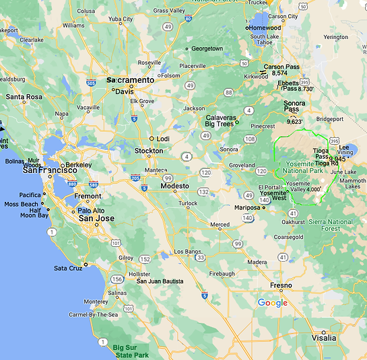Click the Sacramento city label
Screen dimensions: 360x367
coord(133,79)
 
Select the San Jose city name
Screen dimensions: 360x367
coord(96,218)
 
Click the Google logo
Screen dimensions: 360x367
coord(273,303)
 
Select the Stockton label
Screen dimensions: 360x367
coord(149,151)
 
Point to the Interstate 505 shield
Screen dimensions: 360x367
coord(92,83)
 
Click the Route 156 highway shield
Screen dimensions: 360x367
coord(119,279)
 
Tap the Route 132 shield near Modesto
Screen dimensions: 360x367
coord(203,192)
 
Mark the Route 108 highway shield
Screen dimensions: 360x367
coord(251,139)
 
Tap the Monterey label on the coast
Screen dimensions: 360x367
coord(96,301)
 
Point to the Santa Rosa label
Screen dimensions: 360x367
coord(24,97)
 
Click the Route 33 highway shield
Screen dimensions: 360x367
coord(200,256)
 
